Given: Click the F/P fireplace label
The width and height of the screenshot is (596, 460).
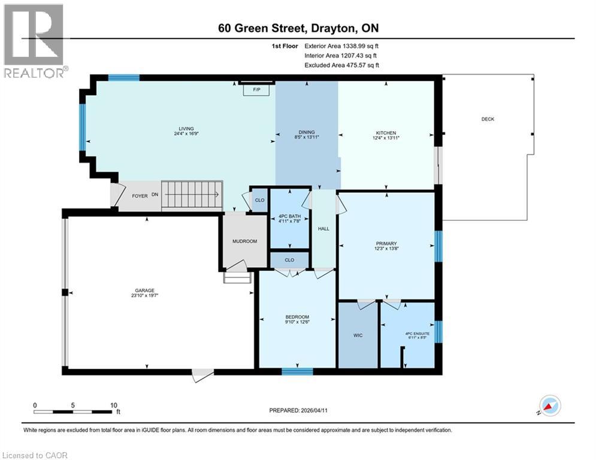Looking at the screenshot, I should pyautogui.click(x=257, y=90).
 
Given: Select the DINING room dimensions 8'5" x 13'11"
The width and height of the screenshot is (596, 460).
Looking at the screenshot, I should pyautogui.click(x=307, y=137).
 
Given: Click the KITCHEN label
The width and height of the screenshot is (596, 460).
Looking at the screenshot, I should pyautogui.click(x=386, y=133).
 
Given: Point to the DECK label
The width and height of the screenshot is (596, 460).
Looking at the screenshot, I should pyautogui.click(x=488, y=119).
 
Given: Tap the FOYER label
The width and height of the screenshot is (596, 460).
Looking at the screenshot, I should pyautogui.click(x=140, y=196).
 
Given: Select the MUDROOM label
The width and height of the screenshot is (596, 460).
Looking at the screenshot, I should pyautogui.click(x=244, y=241).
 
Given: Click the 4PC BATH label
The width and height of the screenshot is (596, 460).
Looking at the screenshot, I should pyautogui.click(x=289, y=216).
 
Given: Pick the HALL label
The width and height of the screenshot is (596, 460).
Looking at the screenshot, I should pyautogui.click(x=324, y=228).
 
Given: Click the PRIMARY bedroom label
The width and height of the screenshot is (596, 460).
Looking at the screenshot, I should pyautogui.click(x=386, y=243).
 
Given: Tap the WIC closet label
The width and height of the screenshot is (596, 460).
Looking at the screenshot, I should pyautogui.click(x=358, y=335).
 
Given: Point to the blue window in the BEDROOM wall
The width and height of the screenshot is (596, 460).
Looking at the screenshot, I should pyautogui.click(x=297, y=371).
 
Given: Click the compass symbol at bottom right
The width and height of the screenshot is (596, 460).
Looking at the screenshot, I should pyautogui.click(x=550, y=406).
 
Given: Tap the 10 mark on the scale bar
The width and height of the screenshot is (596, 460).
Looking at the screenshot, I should pyautogui.click(x=113, y=405).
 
